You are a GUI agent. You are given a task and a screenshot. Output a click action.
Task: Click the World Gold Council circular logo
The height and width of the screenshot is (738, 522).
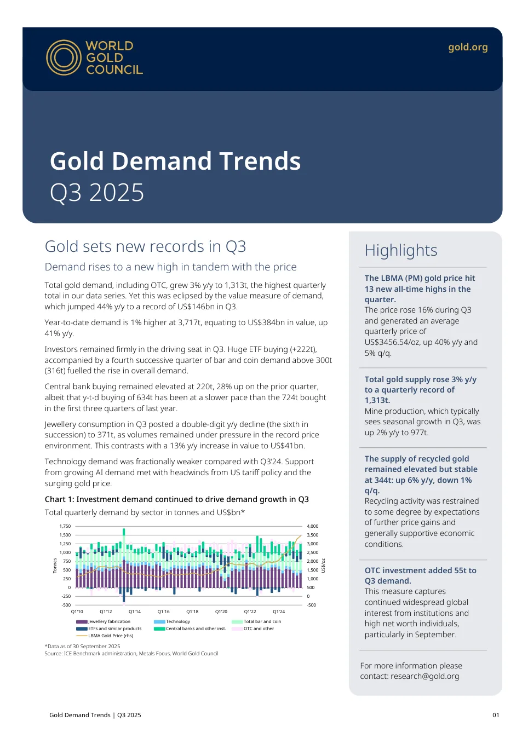(x=64, y=57)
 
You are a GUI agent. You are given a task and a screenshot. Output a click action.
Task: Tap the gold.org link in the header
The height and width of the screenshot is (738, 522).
(x=468, y=47)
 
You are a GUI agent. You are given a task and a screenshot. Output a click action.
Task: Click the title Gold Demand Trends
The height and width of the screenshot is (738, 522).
(x=175, y=161)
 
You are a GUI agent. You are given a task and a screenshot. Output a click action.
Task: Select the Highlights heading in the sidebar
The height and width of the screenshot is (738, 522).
(x=401, y=250)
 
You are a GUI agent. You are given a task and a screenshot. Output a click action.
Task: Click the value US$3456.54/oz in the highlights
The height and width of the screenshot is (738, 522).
(x=392, y=342)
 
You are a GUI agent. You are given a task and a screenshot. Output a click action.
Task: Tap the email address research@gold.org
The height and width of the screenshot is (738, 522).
(x=425, y=676)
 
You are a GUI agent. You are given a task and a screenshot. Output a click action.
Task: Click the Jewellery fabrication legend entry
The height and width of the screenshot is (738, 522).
(x=103, y=621)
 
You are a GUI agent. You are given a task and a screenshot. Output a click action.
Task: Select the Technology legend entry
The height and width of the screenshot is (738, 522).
(x=172, y=621)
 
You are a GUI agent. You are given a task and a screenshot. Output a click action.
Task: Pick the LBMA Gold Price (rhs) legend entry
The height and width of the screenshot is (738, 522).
(x=105, y=636)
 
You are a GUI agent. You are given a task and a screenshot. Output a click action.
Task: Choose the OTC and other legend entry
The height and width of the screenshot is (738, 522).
(x=253, y=629)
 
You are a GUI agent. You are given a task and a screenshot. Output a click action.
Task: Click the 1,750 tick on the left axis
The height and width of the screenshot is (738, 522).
(x=65, y=526)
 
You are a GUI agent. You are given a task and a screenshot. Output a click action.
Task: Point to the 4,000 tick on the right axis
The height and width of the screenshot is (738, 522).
(x=312, y=526)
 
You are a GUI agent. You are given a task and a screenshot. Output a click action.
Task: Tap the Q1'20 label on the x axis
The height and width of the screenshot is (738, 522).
(x=221, y=612)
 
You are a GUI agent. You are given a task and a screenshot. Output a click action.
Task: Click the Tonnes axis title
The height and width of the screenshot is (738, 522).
(x=55, y=566)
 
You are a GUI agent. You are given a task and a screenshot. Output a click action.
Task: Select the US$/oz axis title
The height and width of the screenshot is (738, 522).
(x=323, y=566)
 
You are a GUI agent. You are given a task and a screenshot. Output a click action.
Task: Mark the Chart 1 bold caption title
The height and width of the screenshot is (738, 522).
(x=176, y=499)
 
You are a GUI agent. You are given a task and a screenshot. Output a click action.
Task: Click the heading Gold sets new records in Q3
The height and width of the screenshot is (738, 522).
(x=145, y=246)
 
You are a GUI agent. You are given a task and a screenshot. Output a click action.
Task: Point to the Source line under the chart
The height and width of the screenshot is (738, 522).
(x=131, y=653)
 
